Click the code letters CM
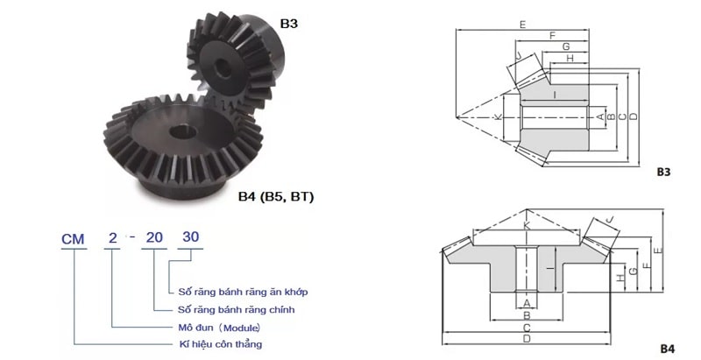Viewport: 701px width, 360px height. [x=73, y=239]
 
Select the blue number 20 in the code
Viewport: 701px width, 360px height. [x=154, y=237]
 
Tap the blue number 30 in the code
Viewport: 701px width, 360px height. [x=190, y=237]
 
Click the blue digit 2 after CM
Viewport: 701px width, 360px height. [x=113, y=238]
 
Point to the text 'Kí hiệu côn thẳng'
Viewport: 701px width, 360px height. [x=221, y=344]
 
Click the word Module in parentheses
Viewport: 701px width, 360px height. [x=242, y=328]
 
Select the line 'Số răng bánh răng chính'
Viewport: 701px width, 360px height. [x=236, y=309]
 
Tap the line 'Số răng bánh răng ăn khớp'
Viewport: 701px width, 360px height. [x=243, y=292]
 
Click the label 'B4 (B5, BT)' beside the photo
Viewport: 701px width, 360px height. [x=276, y=197]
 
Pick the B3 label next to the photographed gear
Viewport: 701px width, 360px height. [x=288, y=24]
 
